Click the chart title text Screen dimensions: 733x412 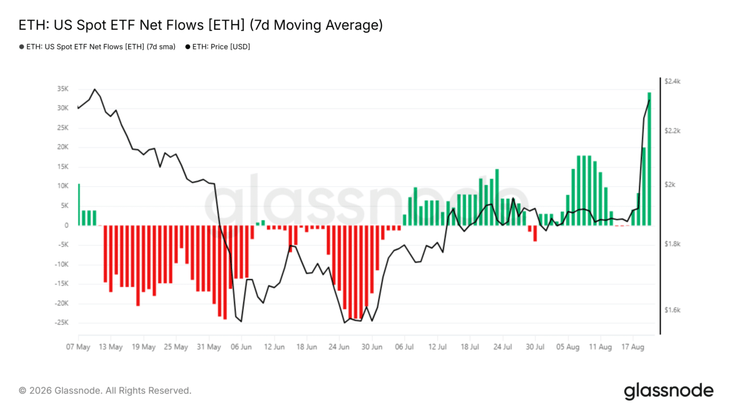pyautogui.click(x=200, y=25)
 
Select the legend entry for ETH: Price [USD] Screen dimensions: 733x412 pyautogui.click(x=218, y=47)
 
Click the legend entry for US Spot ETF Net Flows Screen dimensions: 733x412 pyautogui.click(x=97, y=47)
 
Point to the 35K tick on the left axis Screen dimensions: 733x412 pyautogui.click(x=63, y=89)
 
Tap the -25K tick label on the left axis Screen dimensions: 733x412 pyautogui.click(x=62, y=322)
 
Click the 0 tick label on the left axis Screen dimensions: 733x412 pyautogui.click(x=66, y=225)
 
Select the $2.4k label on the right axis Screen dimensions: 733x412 pyautogui.click(x=672, y=81)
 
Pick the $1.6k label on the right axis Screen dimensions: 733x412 pyautogui.click(x=672, y=310)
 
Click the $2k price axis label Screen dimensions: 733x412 pyautogui.click(x=670, y=185)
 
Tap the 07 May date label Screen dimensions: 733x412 pyautogui.click(x=78, y=347)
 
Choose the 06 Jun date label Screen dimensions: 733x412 pyautogui.click(x=241, y=347)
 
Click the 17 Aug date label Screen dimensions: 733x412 pyautogui.click(x=633, y=347)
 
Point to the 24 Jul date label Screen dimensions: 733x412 pyautogui.click(x=503, y=347)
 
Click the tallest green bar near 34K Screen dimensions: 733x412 pyautogui.click(x=649, y=159)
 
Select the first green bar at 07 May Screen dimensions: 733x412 pyautogui.click(x=79, y=205)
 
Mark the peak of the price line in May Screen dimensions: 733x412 pyautogui.click(x=95, y=89)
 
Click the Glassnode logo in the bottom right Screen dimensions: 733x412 pyautogui.click(x=669, y=391)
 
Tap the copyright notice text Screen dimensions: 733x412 pyautogui.click(x=105, y=391)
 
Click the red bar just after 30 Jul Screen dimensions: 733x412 pyautogui.click(x=535, y=233)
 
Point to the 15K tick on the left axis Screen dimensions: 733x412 pyautogui.click(x=63, y=167)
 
